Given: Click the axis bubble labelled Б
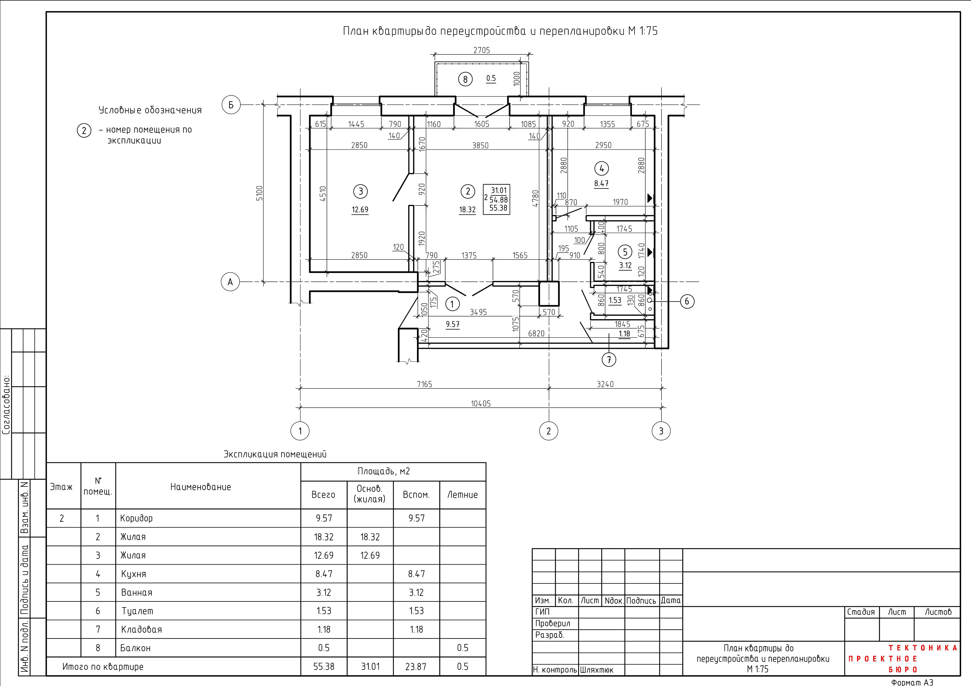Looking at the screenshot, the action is (x=231, y=105).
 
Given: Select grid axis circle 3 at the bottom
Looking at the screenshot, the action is (x=661, y=431).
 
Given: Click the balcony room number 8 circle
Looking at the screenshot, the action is (x=465, y=79).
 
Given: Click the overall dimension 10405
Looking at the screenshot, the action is (x=481, y=404).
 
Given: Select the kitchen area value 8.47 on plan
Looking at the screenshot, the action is (x=601, y=184).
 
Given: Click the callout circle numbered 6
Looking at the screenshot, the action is (x=687, y=301).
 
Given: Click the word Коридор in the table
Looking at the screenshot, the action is (x=136, y=518).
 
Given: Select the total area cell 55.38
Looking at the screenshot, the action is (x=324, y=667).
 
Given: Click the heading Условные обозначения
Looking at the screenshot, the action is (x=150, y=110).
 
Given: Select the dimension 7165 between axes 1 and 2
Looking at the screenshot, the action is (x=425, y=384).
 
